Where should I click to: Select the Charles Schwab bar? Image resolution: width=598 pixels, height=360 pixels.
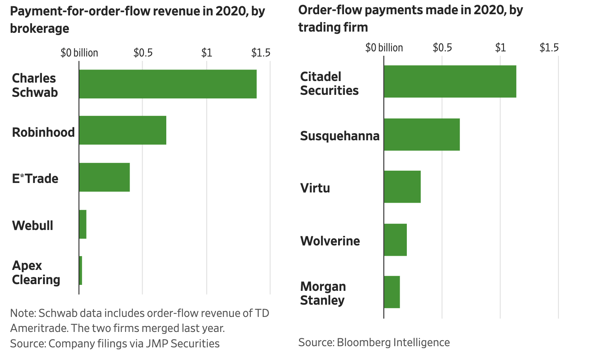(168, 84)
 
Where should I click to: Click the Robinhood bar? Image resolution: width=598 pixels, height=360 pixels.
(123, 130)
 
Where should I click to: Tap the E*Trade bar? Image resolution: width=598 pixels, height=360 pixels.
(105, 177)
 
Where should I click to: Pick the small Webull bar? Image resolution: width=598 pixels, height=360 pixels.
(83, 224)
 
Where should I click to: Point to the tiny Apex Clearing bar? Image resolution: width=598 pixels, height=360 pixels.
(81, 271)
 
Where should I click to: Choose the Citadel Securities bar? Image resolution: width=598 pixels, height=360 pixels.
(450, 81)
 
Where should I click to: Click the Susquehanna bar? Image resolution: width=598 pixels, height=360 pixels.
(422, 134)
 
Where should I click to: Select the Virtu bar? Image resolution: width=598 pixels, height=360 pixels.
(402, 187)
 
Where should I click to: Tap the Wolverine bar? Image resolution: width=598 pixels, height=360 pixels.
(395, 240)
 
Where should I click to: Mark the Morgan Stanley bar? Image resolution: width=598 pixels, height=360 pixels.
(392, 292)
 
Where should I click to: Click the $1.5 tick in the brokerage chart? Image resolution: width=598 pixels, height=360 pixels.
(261, 53)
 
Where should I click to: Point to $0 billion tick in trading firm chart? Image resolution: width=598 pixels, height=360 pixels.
(384, 48)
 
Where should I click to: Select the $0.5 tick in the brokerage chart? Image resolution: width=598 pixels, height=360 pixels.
(143, 53)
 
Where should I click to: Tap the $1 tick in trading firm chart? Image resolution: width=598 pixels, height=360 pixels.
(500, 48)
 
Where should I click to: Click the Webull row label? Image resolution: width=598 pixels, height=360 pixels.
(33, 226)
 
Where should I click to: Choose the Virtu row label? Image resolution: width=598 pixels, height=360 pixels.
(315, 188)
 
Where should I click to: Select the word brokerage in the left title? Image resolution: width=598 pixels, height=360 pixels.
(39, 28)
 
